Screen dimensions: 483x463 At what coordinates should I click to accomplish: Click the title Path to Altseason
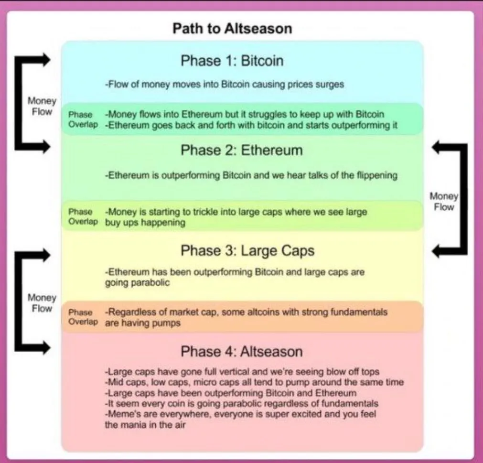tap(232, 28)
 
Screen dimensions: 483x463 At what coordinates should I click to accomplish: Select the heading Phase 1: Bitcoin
tap(232, 60)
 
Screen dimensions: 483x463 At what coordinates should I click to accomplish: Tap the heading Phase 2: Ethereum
tap(242, 150)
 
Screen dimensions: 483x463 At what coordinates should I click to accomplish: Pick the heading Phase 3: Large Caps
tap(247, 250)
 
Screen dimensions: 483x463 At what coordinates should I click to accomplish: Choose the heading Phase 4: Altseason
tap(242, 352)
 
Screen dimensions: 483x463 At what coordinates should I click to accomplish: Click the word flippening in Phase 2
tap(377, 175)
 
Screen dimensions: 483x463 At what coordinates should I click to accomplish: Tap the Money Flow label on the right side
tap(444, 202)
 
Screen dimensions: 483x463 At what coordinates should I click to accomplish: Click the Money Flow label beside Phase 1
tap(42, 106)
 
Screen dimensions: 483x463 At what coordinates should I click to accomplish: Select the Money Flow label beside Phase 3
tap(42, 303)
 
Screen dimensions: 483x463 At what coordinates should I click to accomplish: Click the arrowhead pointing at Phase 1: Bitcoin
tap(46, 59)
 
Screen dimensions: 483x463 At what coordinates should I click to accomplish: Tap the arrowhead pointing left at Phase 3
tap(436, 251)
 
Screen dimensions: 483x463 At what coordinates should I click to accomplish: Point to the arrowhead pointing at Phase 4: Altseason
tap(46, 348)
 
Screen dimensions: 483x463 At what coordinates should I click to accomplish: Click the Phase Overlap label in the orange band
tap(83, 317)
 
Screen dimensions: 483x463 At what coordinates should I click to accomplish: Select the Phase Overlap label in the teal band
tap(83, 119)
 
